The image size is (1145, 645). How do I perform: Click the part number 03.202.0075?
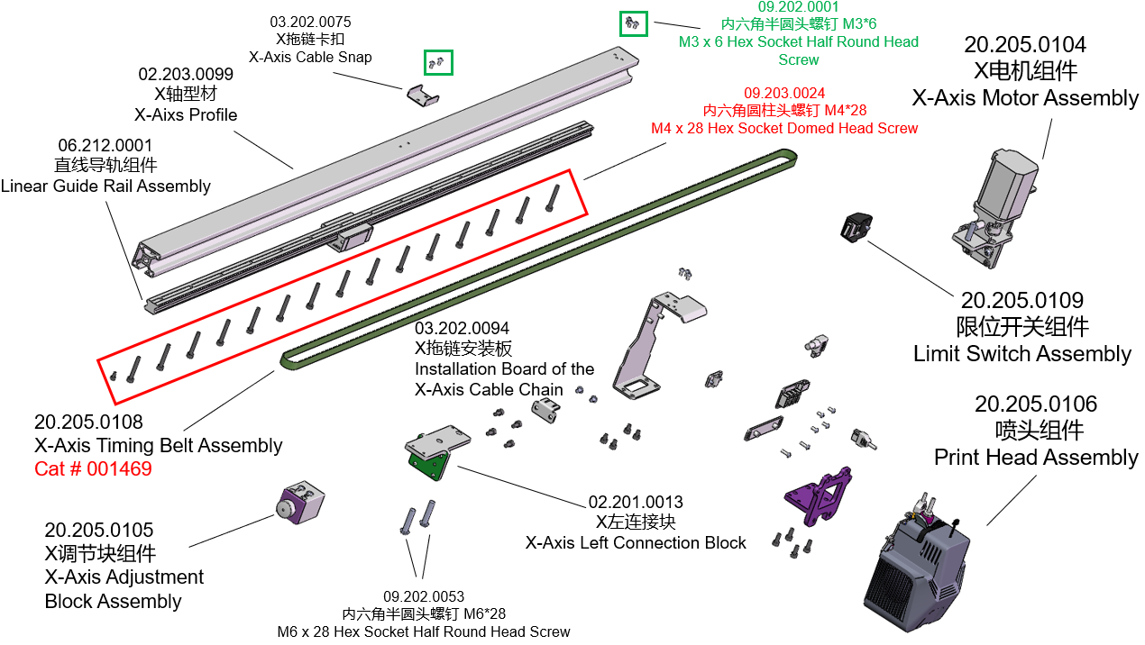[310, 22]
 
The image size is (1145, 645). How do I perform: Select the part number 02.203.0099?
[186, 74]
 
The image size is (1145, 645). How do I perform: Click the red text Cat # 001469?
[93, 469]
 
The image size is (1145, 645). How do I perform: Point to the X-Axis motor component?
[996, 203]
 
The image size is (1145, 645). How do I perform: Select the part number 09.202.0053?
[424, 596]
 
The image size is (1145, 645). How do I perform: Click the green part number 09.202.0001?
[798, 7]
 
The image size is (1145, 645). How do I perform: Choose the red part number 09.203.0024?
[784, 93]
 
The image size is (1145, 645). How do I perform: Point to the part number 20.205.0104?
[1025, 44]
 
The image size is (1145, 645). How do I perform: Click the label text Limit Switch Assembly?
[1022, 354]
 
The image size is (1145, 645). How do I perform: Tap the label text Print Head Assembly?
[1036, 458]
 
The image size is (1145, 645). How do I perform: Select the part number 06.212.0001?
[105, 145]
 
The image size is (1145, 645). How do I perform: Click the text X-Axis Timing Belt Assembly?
[159, 445]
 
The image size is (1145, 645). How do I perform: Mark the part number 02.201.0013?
[636, 502]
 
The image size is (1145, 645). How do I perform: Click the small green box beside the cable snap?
[438, 62]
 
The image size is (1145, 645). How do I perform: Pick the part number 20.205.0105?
[99, 530]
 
